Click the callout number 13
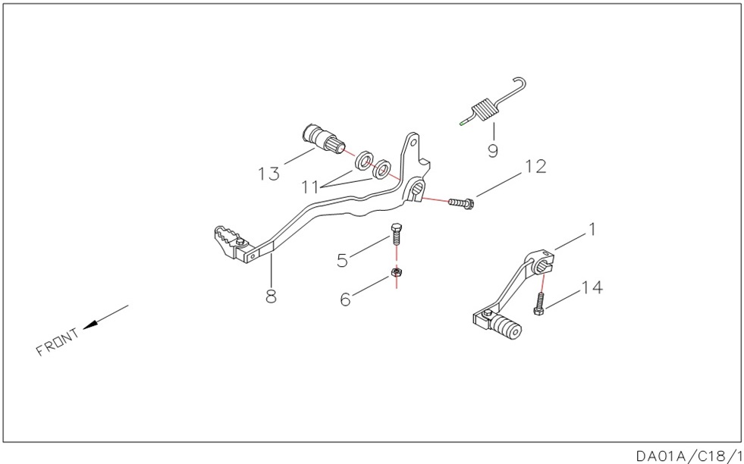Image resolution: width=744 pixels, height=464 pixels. (268, 174)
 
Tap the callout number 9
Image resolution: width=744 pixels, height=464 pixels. (493, 151)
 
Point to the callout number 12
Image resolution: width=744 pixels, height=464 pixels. (535, 167)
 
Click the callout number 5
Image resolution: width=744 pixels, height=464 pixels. (343, 260)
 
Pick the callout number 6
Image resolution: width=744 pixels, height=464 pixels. (346, 300)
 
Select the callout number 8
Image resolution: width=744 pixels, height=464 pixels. (271, 296)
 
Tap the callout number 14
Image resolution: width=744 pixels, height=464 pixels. (592, 287)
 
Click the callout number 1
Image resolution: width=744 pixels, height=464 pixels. (592, 229)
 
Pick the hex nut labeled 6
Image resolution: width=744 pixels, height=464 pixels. (395, 272)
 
